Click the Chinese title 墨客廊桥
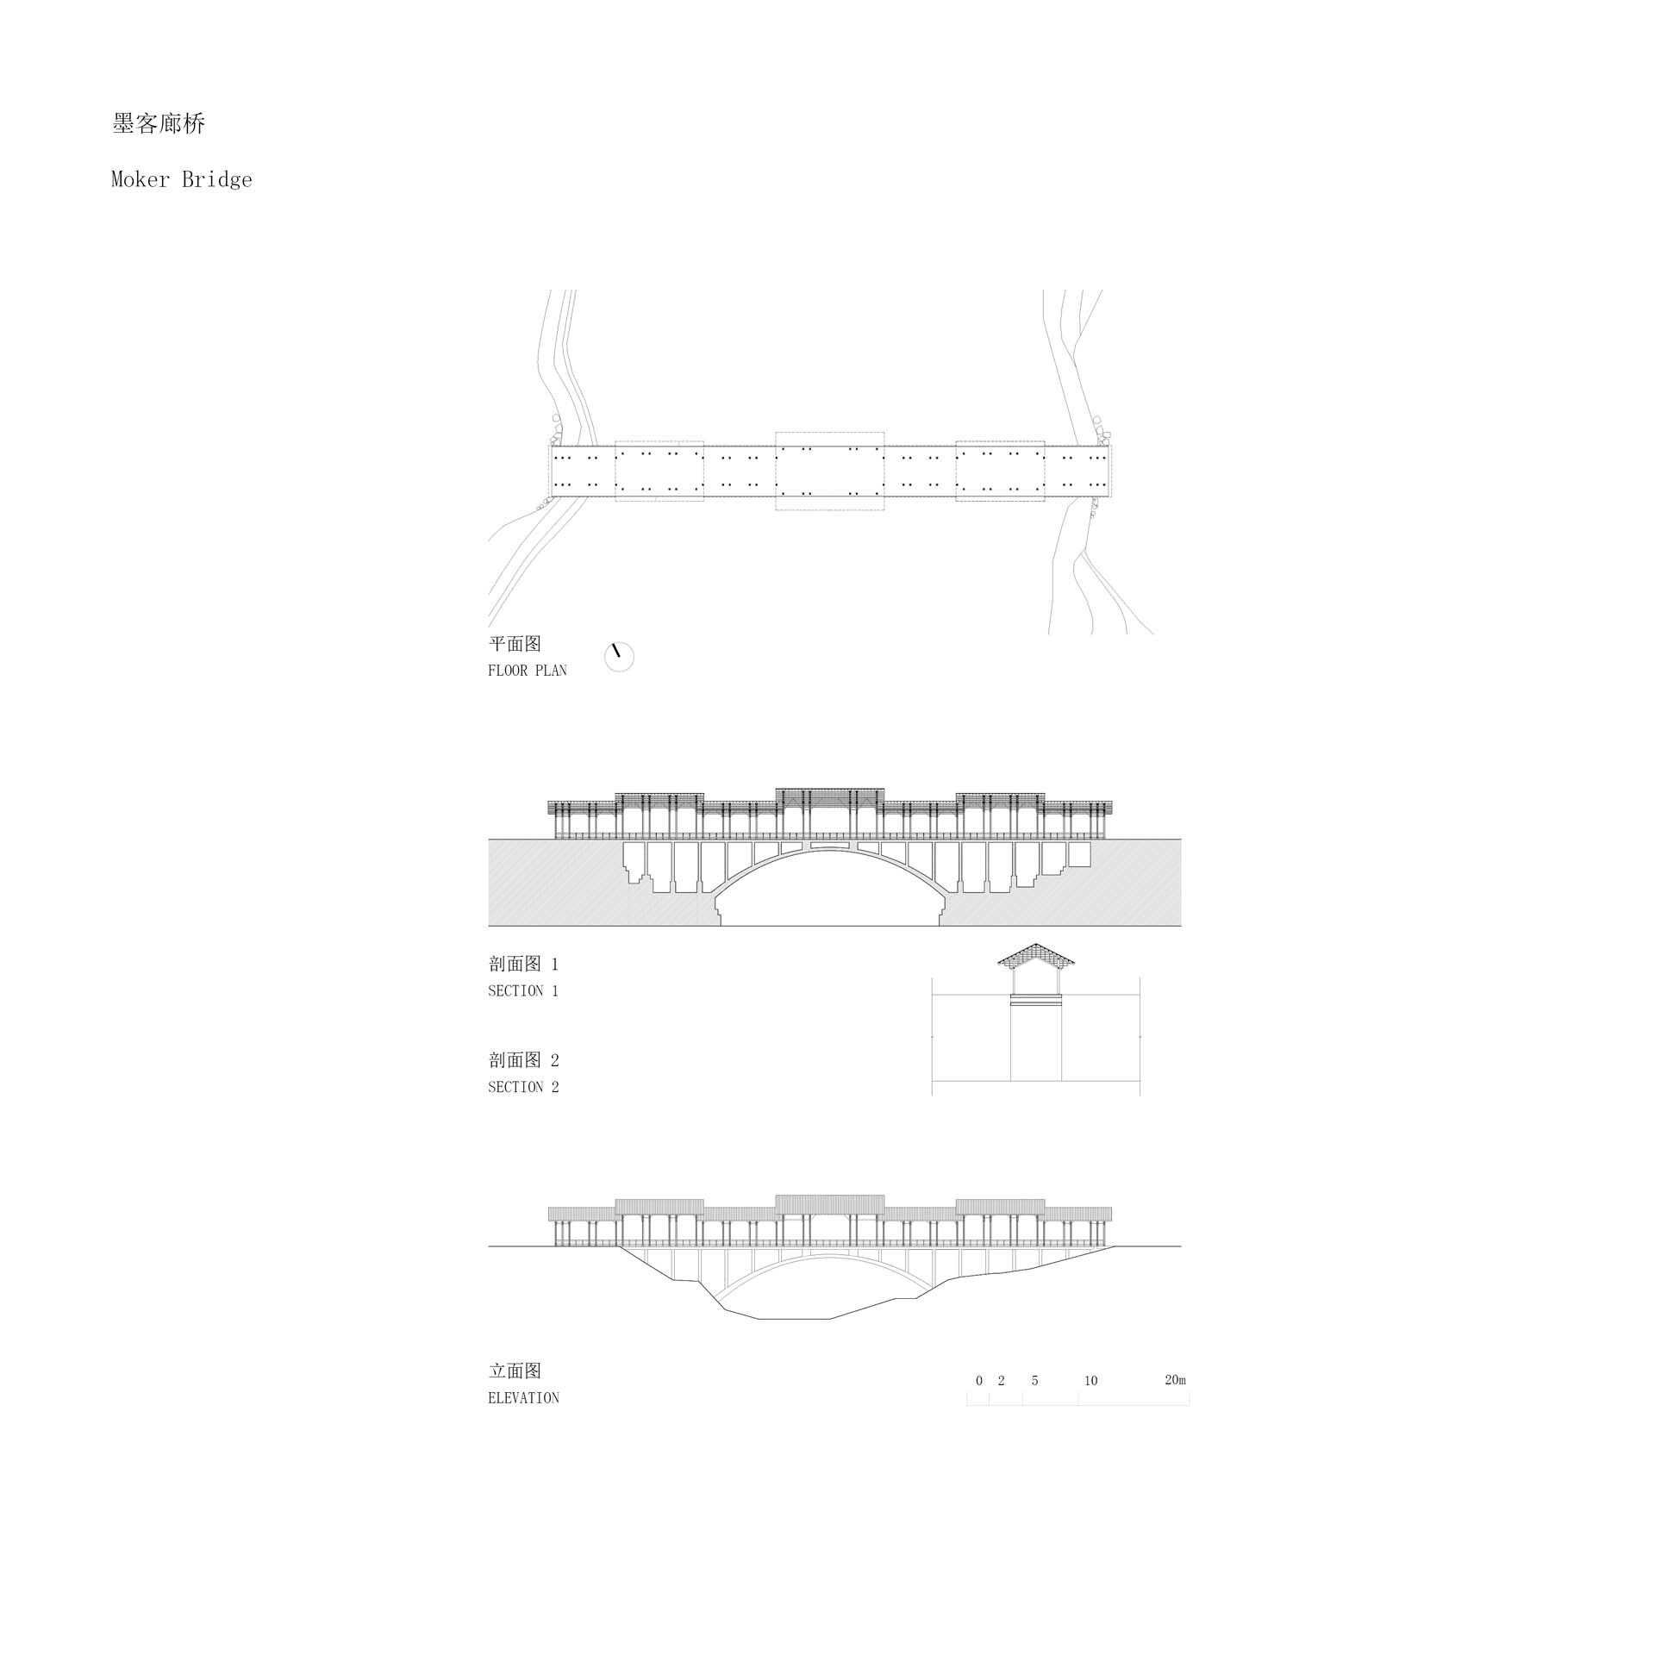[159, 124]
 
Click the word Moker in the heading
[140, 179]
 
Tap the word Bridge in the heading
[217, 180]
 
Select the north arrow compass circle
[619, 657]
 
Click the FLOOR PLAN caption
[528, 671]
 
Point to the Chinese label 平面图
[515, 644]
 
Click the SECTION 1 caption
[523, 991]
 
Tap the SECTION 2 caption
[523, 1088]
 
